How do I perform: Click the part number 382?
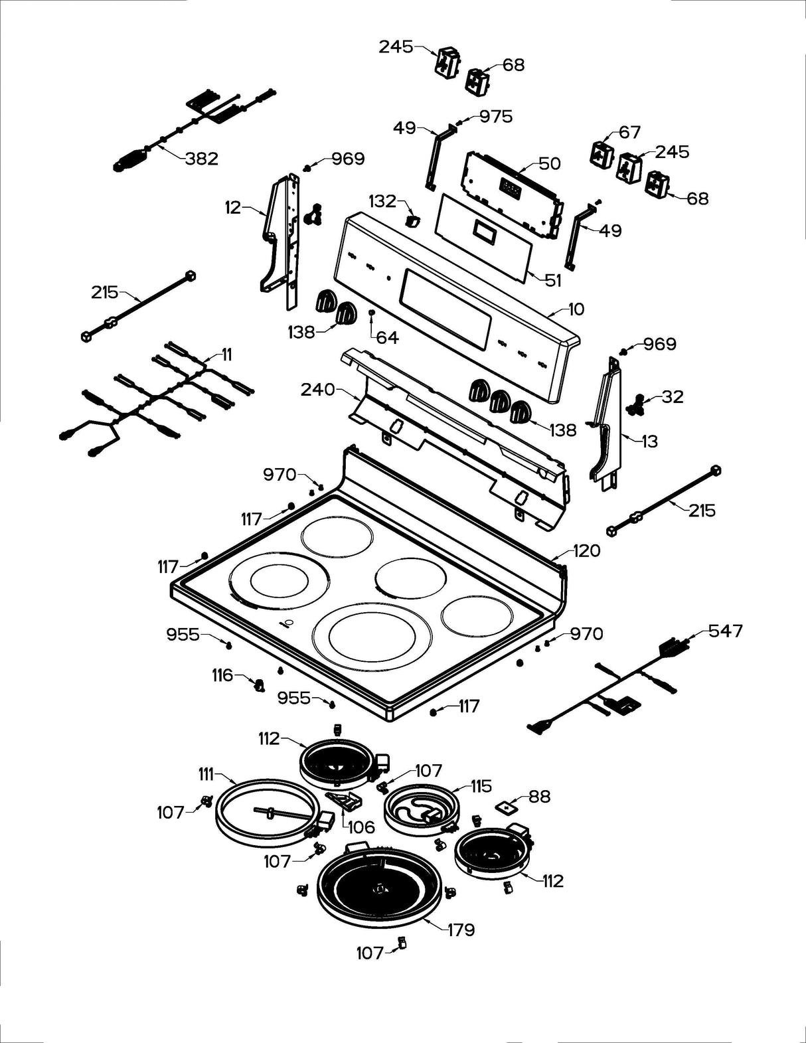pos(202,159)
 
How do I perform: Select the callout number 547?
pos(725,631)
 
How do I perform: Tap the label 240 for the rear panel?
pos(318,389)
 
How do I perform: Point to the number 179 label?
pos(460,929)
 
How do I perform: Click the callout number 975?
pos(496,117)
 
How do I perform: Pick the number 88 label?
pos(539,796)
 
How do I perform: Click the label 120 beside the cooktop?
pos(586,550)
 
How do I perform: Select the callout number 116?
pos(222,675)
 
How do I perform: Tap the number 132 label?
pos(382,201)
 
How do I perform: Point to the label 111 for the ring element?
pos(206,774)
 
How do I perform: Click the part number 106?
pos(361,827)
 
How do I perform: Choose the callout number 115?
pos(481,786)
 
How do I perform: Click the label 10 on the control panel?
pos(576,309)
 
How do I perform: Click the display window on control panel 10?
pos(445,310)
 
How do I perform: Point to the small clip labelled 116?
pos(259,684)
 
